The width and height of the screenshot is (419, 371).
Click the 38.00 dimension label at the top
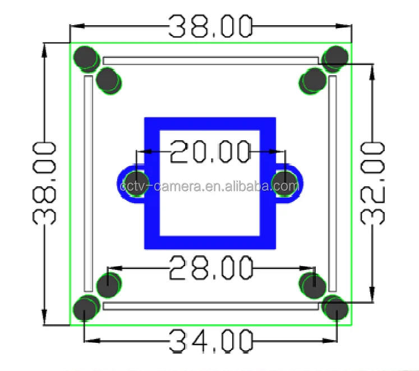210,26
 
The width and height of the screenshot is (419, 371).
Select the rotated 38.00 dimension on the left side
44,184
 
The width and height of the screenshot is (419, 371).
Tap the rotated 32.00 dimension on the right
372,183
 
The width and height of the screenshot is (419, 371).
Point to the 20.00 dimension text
210,152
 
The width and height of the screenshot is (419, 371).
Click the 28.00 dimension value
210,268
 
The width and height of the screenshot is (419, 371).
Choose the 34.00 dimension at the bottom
210,341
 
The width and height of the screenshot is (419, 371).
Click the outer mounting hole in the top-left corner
86,57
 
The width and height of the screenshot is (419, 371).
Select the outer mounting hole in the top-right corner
336,57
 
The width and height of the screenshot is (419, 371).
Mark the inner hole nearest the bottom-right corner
312,286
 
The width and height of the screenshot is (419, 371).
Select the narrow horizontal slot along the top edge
210,60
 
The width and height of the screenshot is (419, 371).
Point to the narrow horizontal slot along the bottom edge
210,306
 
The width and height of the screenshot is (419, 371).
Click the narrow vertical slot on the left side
88,182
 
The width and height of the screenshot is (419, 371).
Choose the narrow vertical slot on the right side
333,182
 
